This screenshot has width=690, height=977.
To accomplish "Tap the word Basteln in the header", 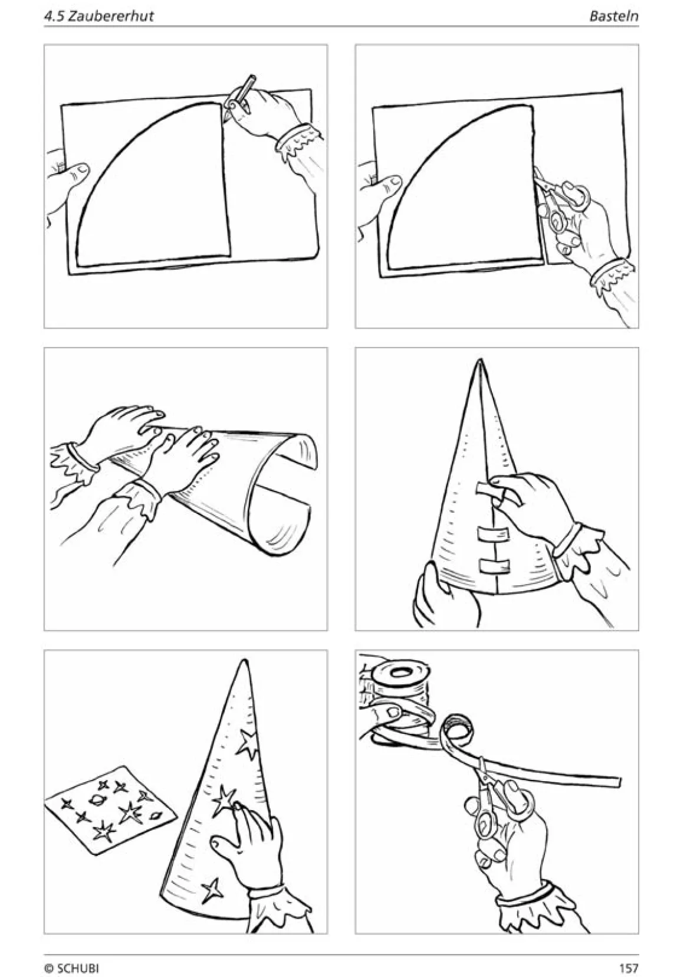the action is (x=614, y=16).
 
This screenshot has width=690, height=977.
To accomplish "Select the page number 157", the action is (x=629, y=968).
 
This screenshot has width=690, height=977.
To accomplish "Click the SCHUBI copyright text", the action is (x=72, y=968).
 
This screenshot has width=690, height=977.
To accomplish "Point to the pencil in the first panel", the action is (x=239, y=97).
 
